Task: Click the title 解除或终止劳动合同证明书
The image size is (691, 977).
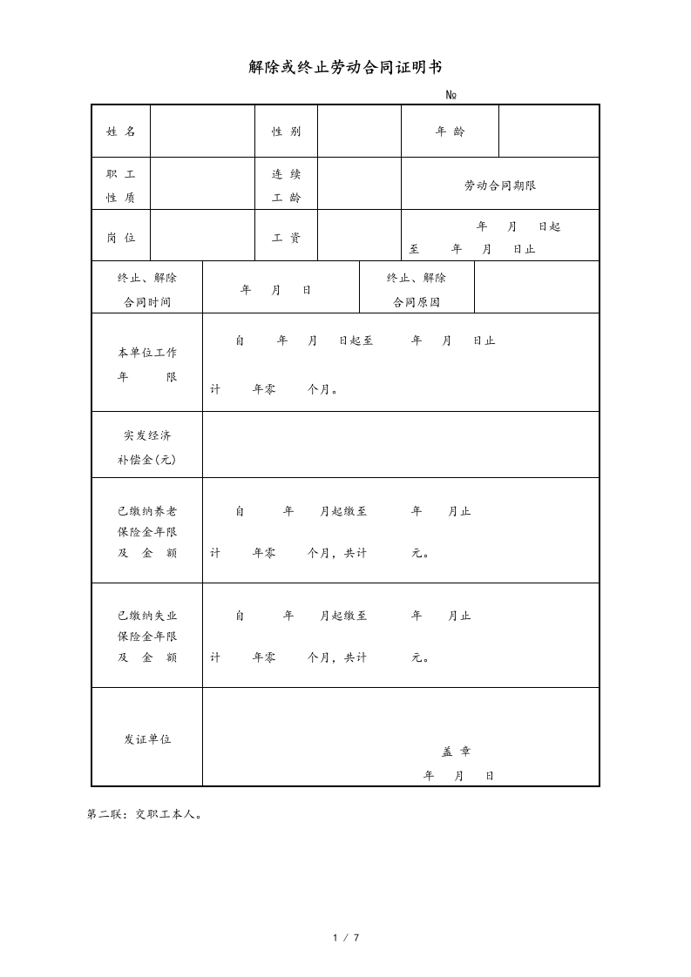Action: (345, 67)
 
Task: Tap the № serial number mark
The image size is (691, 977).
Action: (451, 95)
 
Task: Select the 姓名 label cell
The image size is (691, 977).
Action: (121, 131)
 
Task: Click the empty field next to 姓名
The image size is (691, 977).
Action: (202, 131)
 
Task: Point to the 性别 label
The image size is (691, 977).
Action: (286, 131)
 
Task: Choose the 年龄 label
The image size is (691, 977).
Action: (450, 131)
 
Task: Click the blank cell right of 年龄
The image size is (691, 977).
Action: (549, 131)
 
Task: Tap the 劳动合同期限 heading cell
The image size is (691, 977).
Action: (500, 185)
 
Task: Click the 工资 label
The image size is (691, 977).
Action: (286, 238)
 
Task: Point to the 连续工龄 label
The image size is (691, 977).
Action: (286, 185)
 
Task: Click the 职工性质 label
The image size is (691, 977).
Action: (121, 185)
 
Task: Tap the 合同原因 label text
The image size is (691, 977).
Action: (417, 302)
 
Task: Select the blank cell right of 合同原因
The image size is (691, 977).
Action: (537, 287)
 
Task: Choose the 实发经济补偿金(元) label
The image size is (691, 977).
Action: (147, 447)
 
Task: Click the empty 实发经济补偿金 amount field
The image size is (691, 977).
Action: (401, 445)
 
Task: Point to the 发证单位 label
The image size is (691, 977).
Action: (147, 738)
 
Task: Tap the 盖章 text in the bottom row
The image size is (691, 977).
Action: (457, 751)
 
